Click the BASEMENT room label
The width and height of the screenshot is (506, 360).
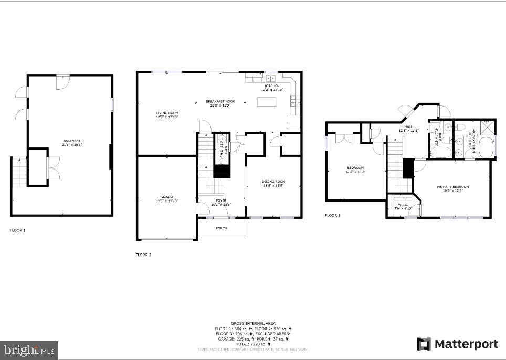(x=72, y=141)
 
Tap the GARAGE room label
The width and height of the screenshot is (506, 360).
(x=167, y=197)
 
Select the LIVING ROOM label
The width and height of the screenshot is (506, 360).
(x=167, y=113)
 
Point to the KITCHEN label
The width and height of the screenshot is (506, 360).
(x=272, y=86)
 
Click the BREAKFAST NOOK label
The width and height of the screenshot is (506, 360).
(x=220, y=101)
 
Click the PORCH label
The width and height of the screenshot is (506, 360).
(x=222, y=228)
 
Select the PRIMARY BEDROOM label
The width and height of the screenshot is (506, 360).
(x=452, y=187)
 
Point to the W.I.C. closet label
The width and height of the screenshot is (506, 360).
(x=403, y=205)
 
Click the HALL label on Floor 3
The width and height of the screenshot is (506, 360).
(x=408, y=126)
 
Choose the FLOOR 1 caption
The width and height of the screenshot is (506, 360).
(x=17, y=230)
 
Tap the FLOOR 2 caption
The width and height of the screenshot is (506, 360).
(x=143, y=255)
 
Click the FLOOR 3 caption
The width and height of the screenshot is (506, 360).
(x=332, y=215)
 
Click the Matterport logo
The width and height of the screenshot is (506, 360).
(x=457, y=344)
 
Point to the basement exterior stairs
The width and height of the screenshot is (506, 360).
(x=18, y=172)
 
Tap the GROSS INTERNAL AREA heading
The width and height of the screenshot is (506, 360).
(x=253, y=323)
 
